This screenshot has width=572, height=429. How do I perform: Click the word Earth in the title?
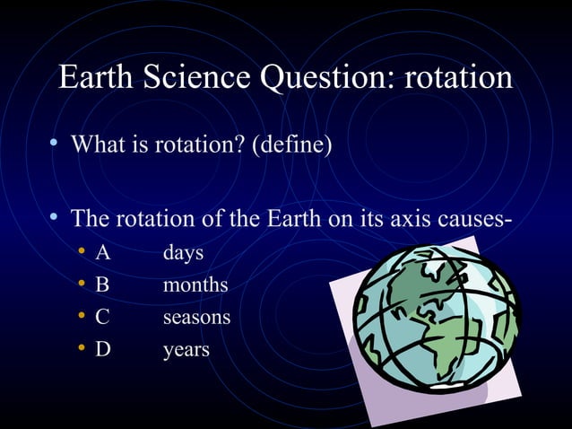94,78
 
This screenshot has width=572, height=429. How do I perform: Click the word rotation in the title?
459,78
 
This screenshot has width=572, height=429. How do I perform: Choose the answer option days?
183,254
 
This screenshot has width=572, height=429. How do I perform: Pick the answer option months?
195,285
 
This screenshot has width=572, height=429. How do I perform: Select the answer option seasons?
196,318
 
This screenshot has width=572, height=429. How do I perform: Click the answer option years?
186,350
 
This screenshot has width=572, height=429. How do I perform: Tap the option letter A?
103,253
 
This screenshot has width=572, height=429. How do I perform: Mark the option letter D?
103,349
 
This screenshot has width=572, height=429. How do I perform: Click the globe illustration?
436,318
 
